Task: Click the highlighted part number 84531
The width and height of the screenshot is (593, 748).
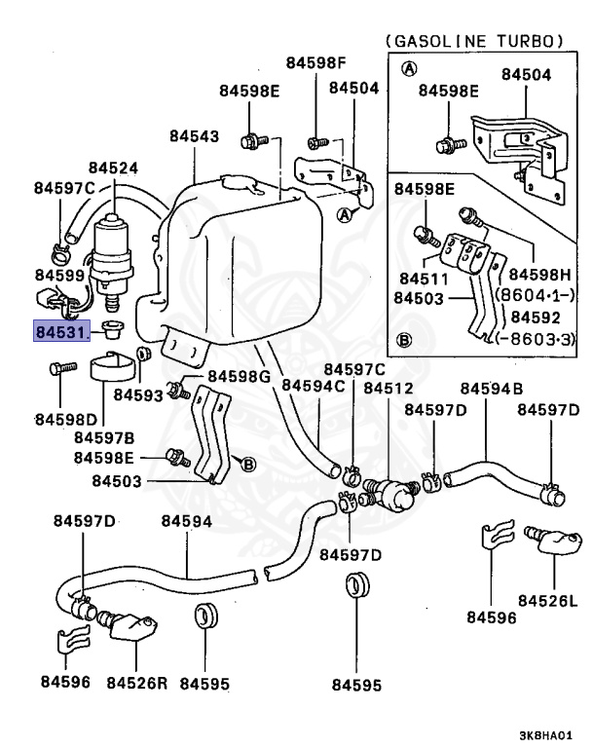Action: [x=61, y=332]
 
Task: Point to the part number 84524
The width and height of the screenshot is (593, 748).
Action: [x=113, y=168]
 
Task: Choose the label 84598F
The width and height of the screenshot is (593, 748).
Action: [x=315, y=63]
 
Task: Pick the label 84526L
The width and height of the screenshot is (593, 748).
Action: [x=547, y=600]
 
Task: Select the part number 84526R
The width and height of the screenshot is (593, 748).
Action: [x=137, y=683]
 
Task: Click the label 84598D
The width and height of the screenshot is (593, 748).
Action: [x=65, y=419]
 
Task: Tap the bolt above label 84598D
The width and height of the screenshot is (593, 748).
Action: [x=60, y=369]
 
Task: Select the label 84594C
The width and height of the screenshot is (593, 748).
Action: [x=313, y=386]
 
